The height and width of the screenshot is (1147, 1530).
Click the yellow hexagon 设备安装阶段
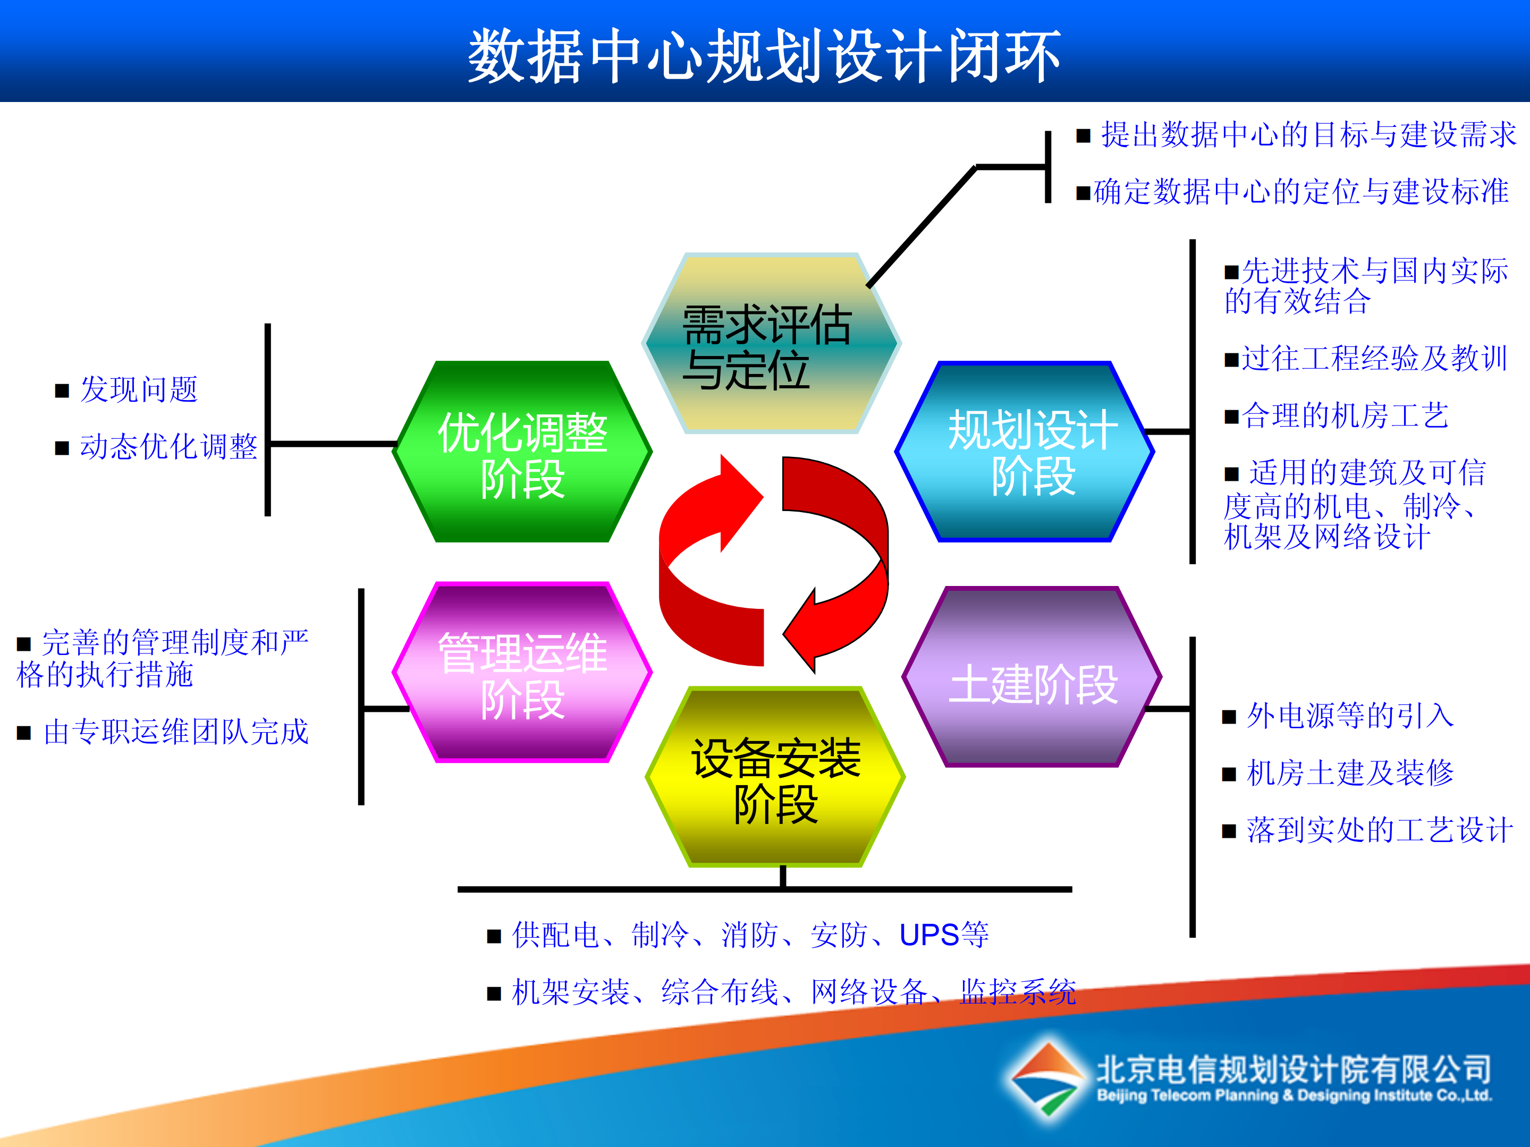(x=775, y=778)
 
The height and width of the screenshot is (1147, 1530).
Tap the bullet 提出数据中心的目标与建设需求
(x=1308, y=135)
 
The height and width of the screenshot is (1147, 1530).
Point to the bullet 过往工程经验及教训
(x=1374, y=359)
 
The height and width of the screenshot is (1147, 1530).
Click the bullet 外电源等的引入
(x=1349, y=716)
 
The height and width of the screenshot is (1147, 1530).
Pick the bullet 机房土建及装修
(x=1349, y=774)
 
